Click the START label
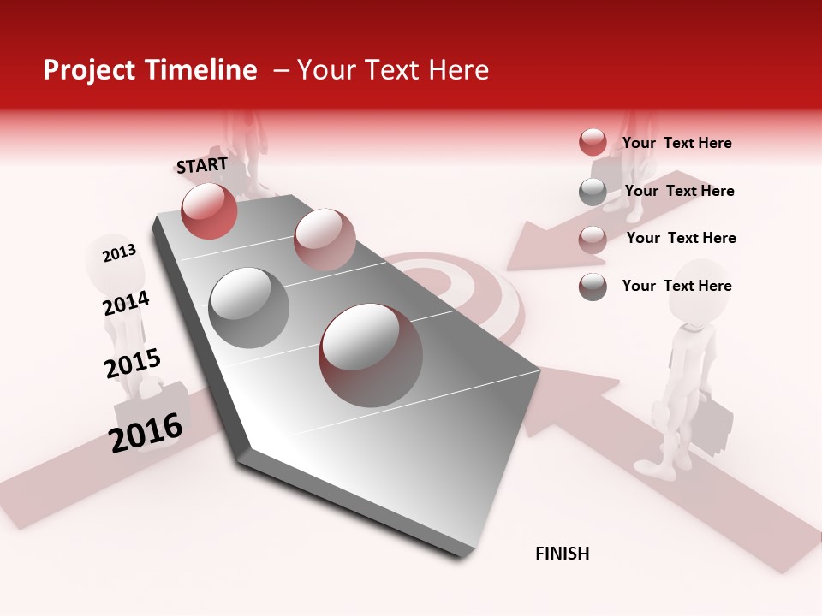coord(202,165)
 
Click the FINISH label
coord(563,554)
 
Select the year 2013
coord(119,252)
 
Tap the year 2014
coord(126,304)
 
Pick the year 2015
coord(133,364)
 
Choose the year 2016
coord(146,432)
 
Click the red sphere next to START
coord(209,210)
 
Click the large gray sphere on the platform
coord(249,307)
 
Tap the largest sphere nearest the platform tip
coord(371,355)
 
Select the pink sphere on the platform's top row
coord(325,240)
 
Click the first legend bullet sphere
coord(593,143)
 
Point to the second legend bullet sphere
coord(593,192)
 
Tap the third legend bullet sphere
coord(593,240)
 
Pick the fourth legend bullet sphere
coord(593,287)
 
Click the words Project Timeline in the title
coord(150,70)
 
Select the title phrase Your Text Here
coord(393,70)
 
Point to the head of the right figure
coord(702,291)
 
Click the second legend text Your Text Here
coord(679,191)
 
